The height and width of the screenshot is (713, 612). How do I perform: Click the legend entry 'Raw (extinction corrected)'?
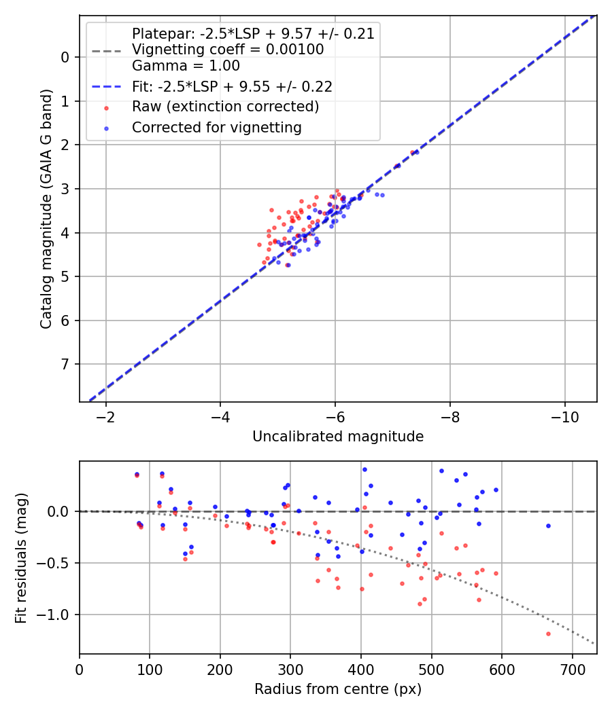point(225,107)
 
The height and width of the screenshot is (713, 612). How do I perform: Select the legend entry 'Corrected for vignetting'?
point(216,127)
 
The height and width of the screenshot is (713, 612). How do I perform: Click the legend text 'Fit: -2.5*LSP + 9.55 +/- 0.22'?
point(232,87)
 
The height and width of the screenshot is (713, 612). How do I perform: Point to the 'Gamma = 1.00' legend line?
point(186,66)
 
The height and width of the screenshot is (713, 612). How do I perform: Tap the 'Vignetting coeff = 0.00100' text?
point(228,50)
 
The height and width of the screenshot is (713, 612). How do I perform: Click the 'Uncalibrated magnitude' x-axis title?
point(338,437)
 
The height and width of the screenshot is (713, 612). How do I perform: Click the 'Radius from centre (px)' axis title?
point(338,689)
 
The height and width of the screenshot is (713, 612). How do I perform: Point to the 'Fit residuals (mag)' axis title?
point(21,557)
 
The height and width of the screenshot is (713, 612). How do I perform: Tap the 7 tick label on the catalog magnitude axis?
point(65,365)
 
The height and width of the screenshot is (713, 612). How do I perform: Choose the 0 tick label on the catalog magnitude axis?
point(65,57)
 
